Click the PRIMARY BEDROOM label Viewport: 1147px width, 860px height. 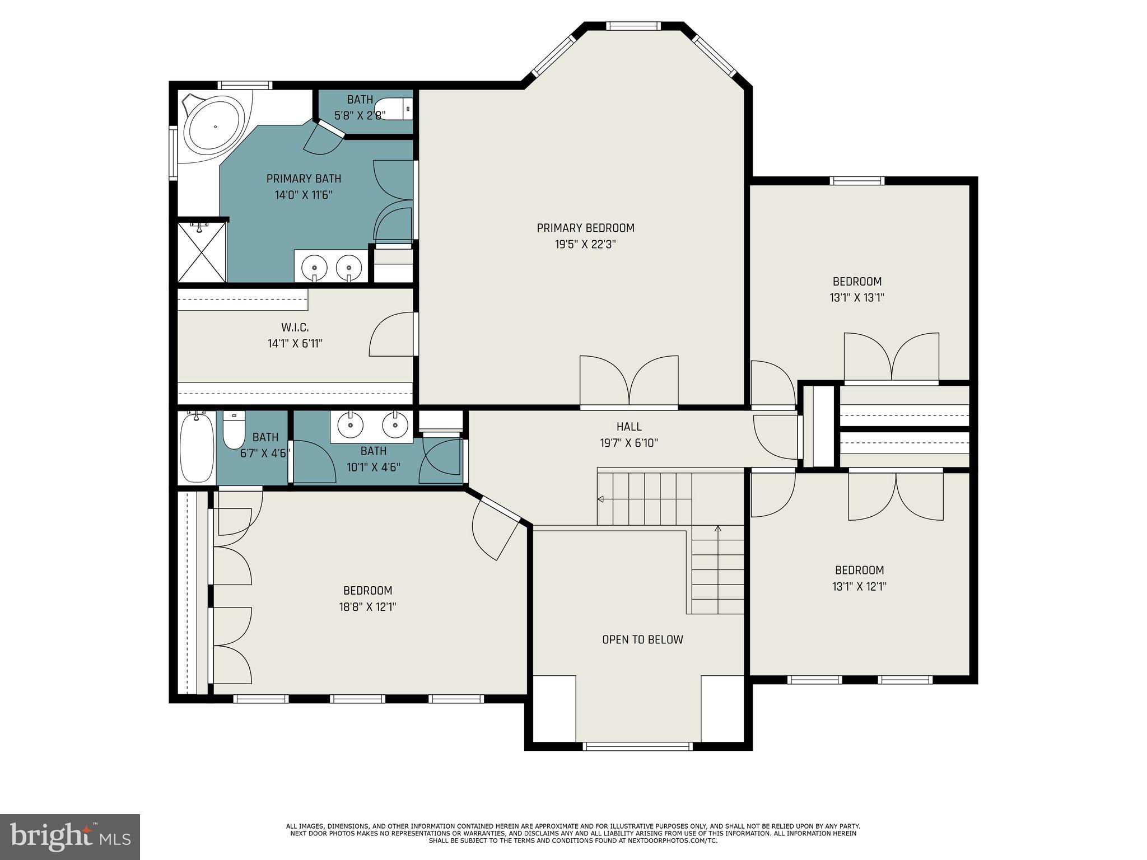pos(585,228)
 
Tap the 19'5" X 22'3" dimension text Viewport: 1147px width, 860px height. pos(585,245)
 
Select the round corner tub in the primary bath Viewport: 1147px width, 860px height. pos(215,127)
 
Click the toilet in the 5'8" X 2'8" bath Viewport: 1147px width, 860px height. pos(393,109)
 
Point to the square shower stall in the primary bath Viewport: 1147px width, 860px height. pos(202,252)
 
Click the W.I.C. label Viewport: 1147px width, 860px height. pos(295,328)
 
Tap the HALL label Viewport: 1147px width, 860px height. pos(628,427)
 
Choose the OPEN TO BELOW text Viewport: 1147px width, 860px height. pos(642,639)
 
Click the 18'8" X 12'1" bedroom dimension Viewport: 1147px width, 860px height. pos(368,607)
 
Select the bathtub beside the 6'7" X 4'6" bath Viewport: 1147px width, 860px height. pos(197,447)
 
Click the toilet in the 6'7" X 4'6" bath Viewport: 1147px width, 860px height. pos(234,431)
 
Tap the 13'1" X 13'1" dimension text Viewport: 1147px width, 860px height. pos(857,298)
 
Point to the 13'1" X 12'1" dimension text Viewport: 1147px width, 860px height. pos(859,587)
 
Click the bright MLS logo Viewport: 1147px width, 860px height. pos(70,837)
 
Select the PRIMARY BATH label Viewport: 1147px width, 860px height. pos(304,179)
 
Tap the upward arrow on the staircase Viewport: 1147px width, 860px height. pos(718,529)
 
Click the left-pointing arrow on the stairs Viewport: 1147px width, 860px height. pos(601,499)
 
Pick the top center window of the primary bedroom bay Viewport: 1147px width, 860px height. pos(633,26)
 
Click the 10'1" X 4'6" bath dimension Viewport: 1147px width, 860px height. pos(373,467)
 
